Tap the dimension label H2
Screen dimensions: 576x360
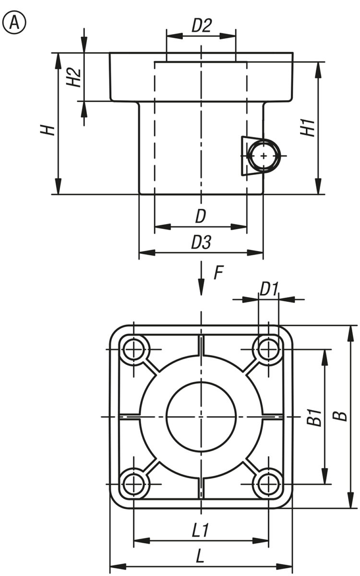[x=72, y=77]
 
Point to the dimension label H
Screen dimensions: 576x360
[x=46, y=129]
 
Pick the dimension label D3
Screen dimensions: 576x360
[x=201, y=243]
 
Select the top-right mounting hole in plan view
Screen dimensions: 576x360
[x=268, y=349]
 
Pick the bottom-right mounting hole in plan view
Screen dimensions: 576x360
[x=268, y=484]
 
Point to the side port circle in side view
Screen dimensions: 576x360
[x=263, y=156]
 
